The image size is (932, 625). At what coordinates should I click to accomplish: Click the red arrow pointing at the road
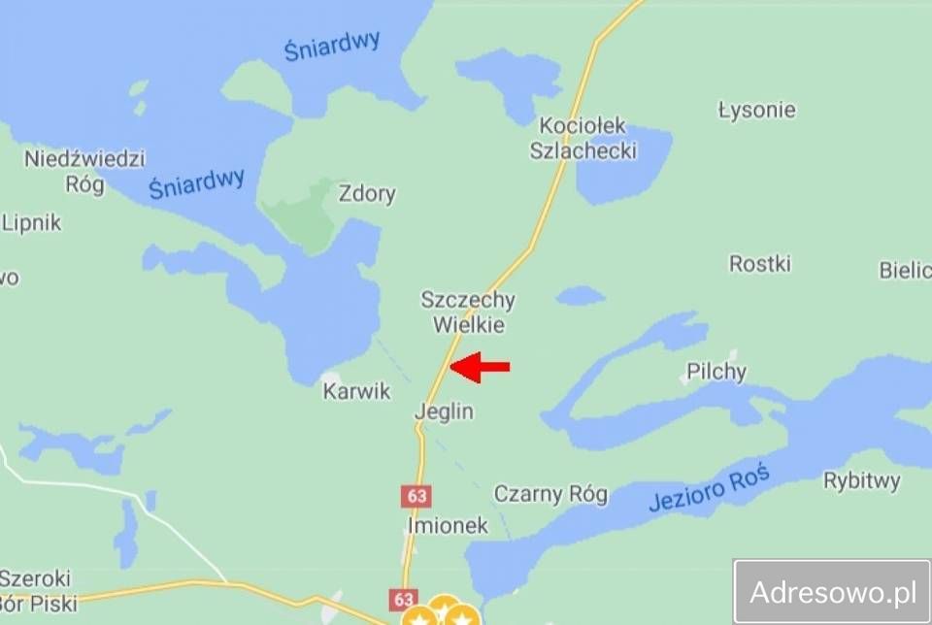pos(481,366)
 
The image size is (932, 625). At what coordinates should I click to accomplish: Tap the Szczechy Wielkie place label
pos(468,312)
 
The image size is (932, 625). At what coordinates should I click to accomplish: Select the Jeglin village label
pos(444,411)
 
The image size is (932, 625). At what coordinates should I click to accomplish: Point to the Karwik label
pos(356,391)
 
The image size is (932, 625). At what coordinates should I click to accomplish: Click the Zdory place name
pos(367,194)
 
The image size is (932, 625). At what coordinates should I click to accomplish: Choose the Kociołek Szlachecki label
pos(582,139)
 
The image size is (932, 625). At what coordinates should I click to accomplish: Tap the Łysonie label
pos(756,110)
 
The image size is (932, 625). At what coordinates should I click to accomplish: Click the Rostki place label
pos(760,264)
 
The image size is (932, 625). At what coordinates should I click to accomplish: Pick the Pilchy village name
pos(716,372)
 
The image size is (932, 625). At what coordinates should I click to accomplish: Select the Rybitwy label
pos(861,480)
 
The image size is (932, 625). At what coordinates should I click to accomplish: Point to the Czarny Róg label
pos(550,494)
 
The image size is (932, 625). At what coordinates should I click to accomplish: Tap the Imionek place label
pos(448,526)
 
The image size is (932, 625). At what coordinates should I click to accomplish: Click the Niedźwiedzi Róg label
pos(84,171)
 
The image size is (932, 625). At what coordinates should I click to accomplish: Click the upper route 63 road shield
pos(417,496)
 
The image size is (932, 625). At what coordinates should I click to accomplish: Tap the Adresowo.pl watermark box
pos(832,591)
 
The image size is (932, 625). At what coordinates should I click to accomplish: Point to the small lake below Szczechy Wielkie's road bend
pos(581,295)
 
